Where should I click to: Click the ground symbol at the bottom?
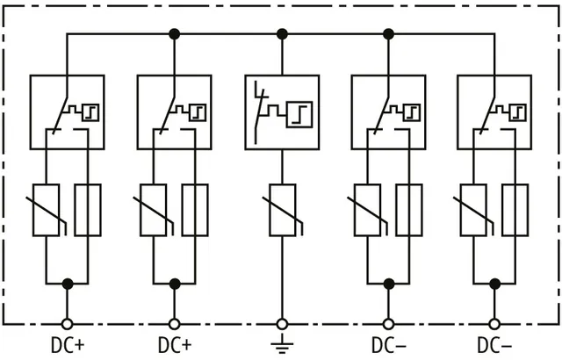click(x=282, y=343)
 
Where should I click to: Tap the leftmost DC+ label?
click(x=68, y=346)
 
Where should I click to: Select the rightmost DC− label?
click(x=494, y=346)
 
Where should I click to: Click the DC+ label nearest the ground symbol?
click(x=175, y=346)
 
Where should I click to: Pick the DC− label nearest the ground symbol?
click(x=389, y=346)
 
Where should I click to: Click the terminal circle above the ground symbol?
click(x=282, y=324)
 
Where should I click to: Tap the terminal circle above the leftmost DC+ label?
click(x=67, y=324)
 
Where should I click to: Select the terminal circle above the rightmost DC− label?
click(x=494, y=324)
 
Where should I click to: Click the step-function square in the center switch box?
click(x=299, y=115)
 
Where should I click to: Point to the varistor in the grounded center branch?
click(x=283, y=210)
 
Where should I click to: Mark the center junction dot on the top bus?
click(x=282, y=34)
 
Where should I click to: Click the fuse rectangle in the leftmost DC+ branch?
click(x=88, y=210)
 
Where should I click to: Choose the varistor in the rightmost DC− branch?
click(x=473, y=210)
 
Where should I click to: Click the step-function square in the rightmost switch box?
click(x=517, y=112)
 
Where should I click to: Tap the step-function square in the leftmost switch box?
click(x=90, y=112)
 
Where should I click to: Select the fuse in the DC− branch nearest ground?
click(x=409, y=210)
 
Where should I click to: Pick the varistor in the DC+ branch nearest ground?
click(x=154, y=210)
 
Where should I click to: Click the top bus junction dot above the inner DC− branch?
click(x=388, y=34)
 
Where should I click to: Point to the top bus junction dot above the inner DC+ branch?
click(x=174, y=34)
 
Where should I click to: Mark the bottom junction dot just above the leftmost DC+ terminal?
click(x=68, y=284)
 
